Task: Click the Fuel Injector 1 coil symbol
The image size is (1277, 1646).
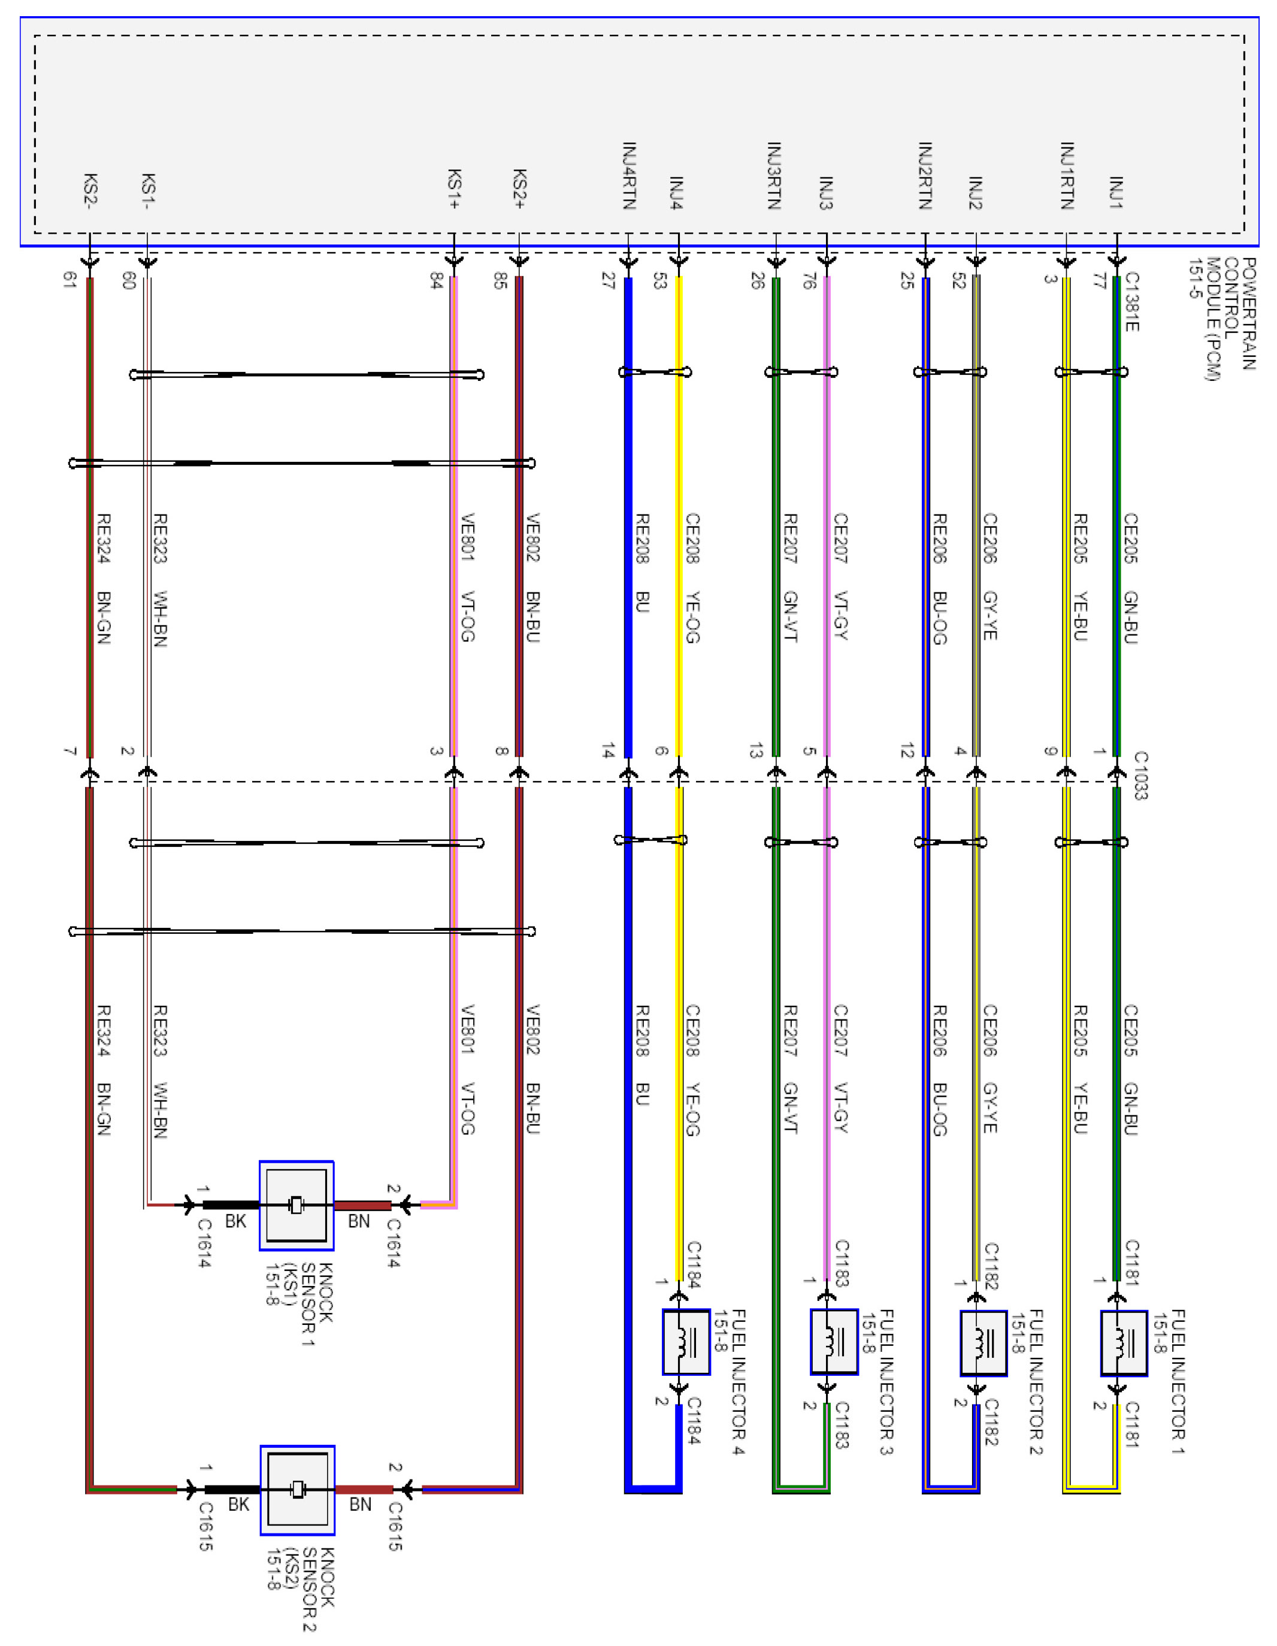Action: pyautogui.click(x=1123, y=1343)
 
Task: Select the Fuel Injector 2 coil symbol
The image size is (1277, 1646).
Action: pyautogui.click(x=983, y=1343)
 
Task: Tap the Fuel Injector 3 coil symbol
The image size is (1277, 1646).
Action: pyautogui.click(x=834, y=1342)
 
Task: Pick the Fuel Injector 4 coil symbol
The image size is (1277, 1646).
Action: pyautogui.click(x=685, y=1342)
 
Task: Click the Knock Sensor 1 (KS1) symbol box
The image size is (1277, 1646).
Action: pyautogui.click(x=296, y=1206)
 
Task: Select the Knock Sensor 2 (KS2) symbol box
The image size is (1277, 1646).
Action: pyautogui.click(x=298, y=1490)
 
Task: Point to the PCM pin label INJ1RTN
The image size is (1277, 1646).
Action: pyautogui.click(x=1067, y=175)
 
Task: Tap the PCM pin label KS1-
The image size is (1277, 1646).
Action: pyautogui.click(x=149, y=190)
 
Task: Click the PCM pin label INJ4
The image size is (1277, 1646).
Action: pyautogui.click(x=677, y=192)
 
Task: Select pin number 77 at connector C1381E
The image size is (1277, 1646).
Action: pyautogui.click(x=1100, y=281)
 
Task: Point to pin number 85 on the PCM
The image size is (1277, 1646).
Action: pyautogui.click(x=500, y=281)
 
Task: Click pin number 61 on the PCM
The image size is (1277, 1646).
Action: pyautogui.click(x=69, y=280)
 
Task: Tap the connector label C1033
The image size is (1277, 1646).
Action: pyautogui.click(x=1140, y=774)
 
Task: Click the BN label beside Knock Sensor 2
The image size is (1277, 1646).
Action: pyautogui.click(x=361, y=1504)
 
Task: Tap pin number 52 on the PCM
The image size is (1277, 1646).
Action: pyautogui.click(x=959, y=281)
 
